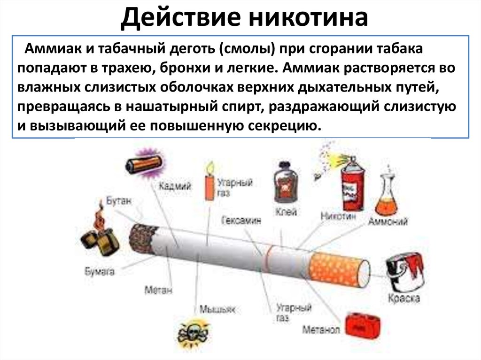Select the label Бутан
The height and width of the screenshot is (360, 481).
click(119, 201)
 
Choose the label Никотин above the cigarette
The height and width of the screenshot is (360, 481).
click(337, 216)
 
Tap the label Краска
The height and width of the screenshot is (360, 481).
click(404, 298)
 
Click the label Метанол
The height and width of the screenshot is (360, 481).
click(321, 329)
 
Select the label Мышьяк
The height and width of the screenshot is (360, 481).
click(217, 309)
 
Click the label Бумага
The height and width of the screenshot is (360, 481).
click(100, 271)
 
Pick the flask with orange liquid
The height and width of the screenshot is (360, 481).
click(386, 197)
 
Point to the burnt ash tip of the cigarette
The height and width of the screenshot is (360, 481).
click(140, 239)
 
